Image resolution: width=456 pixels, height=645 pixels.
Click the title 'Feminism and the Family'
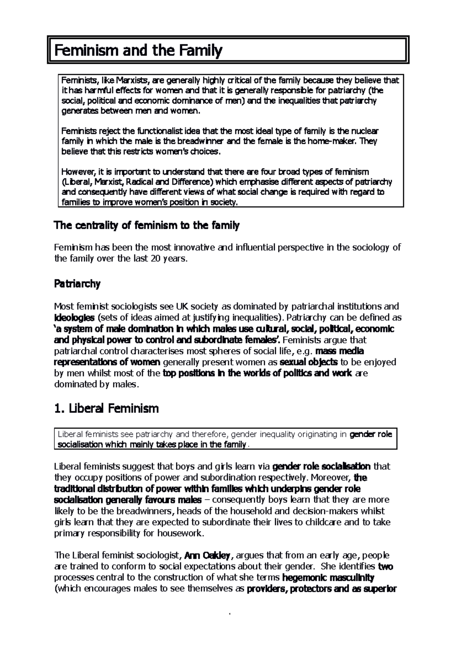[x=138, y=50]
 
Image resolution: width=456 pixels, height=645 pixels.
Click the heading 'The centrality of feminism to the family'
[x=147, y=226]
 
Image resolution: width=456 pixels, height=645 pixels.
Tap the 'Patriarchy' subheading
[x=77, y=284]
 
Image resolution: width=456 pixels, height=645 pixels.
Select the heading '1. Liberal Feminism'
[x=106, y=409]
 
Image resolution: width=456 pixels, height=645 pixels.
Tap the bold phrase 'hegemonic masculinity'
[x=328, y=578]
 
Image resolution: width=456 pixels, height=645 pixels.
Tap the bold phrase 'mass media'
[x=340, y=351]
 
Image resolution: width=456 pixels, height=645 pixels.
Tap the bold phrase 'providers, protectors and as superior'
[x=321, y=589]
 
